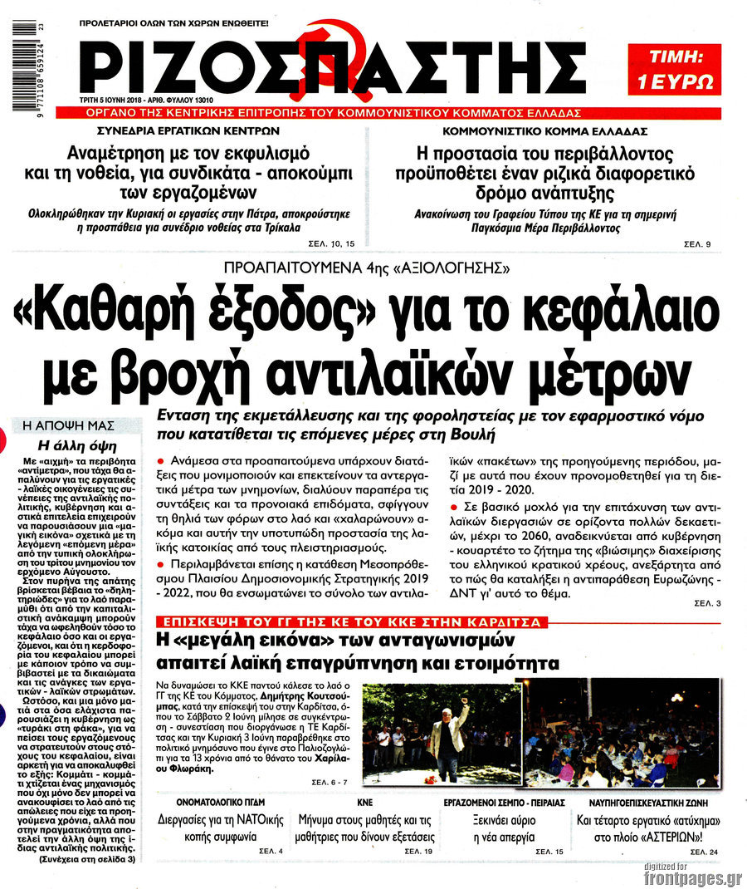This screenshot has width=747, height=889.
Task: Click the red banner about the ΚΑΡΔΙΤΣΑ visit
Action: [360, 621]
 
